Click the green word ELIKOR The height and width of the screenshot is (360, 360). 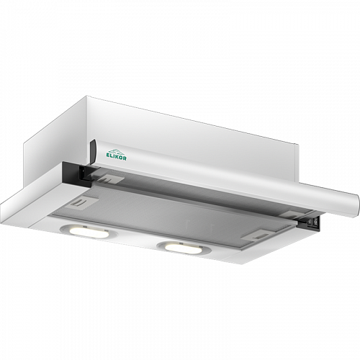tap(116, 157)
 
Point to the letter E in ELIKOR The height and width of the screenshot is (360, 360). tap(107, 156)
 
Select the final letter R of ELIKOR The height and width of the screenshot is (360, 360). tap(125, 158)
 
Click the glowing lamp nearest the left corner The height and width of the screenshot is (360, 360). tap(85, 231)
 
